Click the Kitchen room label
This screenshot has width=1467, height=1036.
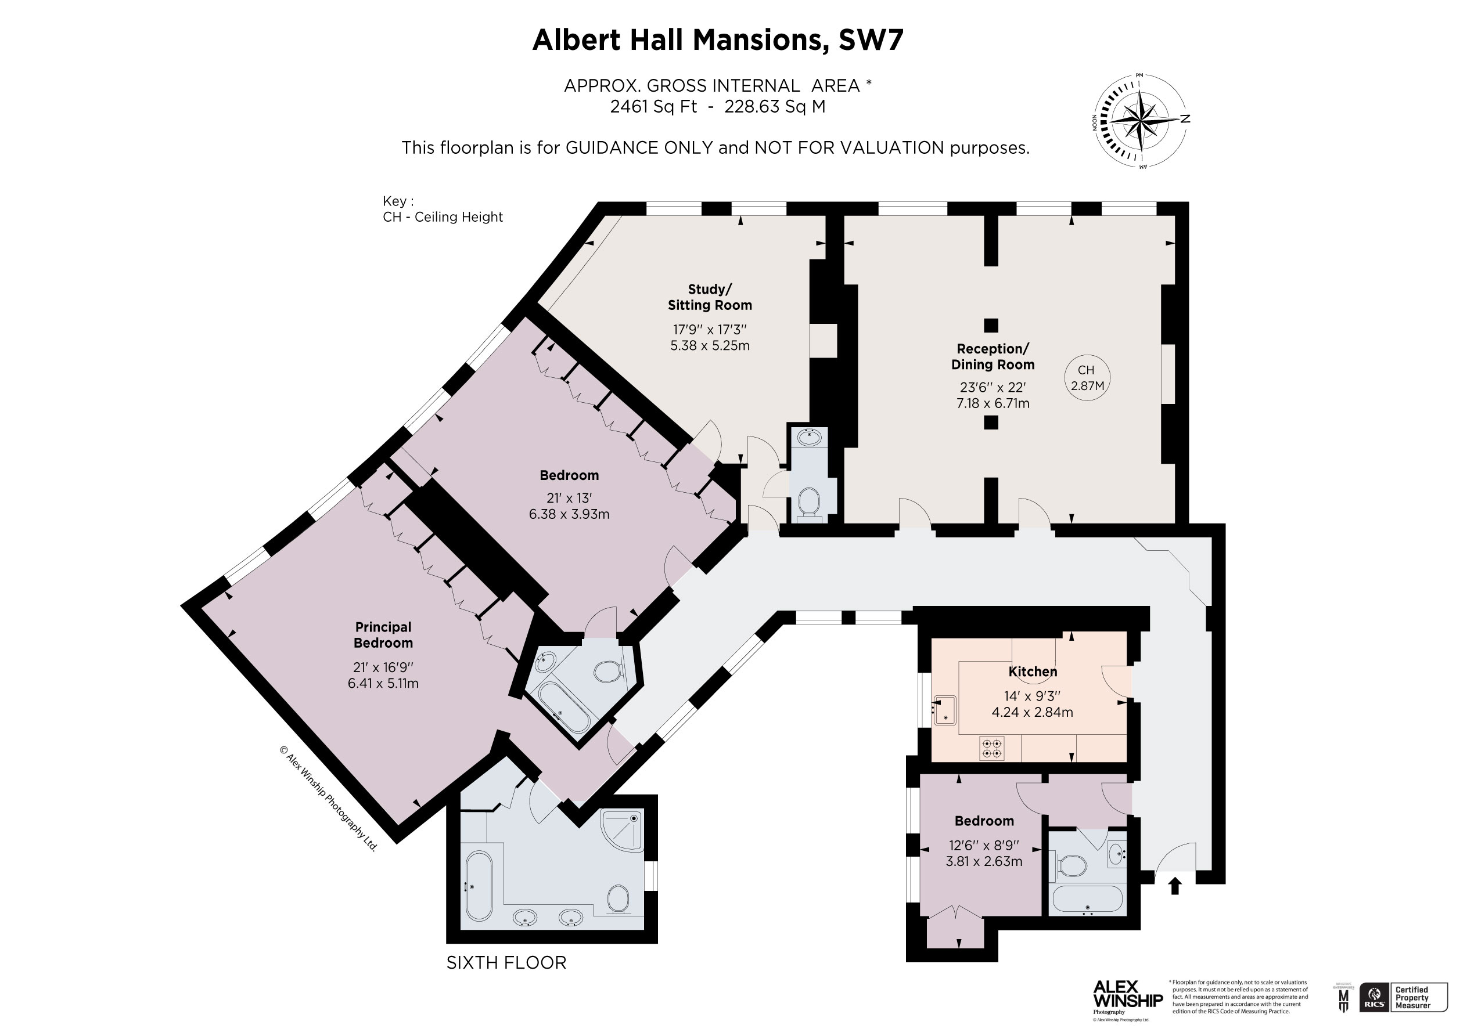tap(1033, 672)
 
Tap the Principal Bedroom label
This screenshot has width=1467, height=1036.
tap(383, 635)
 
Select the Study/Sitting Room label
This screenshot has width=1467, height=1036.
tap(710, 297)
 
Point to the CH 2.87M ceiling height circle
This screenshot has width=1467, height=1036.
tap(1086, 378)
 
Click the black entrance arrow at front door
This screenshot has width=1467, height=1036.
tap(1174, 886)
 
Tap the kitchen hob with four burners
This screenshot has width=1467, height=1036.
tap(991, 749)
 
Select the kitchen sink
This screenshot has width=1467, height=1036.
tap(945, 710)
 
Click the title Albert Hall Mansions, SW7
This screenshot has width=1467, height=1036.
tap(717, 39)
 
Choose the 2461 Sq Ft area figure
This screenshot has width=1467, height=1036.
tap(653, 107)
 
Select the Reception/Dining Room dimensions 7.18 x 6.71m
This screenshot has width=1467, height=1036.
tap(993, 403)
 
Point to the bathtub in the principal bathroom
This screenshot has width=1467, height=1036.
tap(479, 884)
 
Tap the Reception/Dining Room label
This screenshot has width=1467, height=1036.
tap(993, 356)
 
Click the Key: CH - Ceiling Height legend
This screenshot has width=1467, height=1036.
tap(442, 210)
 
